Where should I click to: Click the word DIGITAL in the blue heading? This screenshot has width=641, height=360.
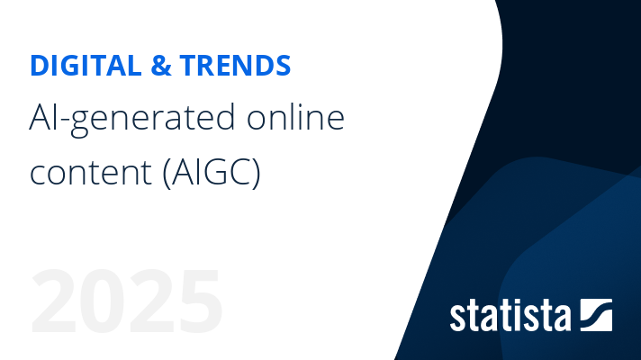(x=86, y=66)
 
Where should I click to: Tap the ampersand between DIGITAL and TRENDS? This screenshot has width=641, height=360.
(x=161, y=66)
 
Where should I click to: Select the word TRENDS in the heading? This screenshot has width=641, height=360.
(x=235, y=66)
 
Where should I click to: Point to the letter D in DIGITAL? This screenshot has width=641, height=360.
(x=40, y=66)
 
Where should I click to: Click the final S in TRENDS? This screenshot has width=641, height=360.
(x=283, y=66)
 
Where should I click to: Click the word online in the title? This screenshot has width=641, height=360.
(x=295, y=117)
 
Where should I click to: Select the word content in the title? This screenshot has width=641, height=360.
(x=91, y=173)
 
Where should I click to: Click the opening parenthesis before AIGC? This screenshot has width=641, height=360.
(x=167, y=173)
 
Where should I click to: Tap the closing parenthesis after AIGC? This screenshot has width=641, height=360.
(x=257, y=173)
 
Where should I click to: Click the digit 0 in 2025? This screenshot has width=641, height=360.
(x=103, y=301)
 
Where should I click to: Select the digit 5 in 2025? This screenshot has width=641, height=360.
(x=199, y=301)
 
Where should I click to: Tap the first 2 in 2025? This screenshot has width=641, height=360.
(x=53, y=301)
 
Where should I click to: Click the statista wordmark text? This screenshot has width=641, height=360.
(x=510, y=316)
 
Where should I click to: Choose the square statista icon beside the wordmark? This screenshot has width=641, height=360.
(x=597, y=315)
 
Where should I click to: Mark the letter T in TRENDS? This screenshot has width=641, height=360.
(x=189, y=66)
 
